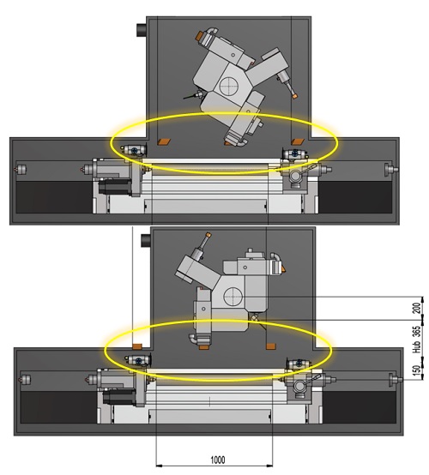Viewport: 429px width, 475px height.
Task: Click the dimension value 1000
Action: pos(218,460)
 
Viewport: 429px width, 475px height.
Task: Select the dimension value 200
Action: pos(417,308)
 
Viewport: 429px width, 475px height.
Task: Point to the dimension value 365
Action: pos(417,332)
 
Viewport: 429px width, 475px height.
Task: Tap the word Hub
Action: pos(417,347)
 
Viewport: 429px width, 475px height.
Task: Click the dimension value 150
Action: pos(417,370)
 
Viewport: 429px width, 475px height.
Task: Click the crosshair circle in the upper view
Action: pos(228,86)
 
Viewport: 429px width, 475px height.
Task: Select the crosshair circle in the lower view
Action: pos(233,296)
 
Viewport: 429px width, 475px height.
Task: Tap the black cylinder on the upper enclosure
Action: pos(142,30)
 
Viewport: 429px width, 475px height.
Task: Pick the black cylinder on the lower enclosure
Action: pos(146,241)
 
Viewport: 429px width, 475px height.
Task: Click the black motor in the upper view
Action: pos(115,186)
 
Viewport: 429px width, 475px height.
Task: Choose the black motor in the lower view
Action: pos(120,397)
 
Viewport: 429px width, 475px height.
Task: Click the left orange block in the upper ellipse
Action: pos(164,141)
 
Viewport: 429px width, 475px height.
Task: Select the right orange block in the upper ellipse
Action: pos(298,141)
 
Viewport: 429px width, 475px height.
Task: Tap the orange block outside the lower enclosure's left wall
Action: pos(137,346)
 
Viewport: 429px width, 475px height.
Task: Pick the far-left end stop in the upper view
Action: pos(21,169)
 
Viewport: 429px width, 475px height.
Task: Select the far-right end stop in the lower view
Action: pos(396,379)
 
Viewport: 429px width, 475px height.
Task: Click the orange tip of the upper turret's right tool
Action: pos(294,96)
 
